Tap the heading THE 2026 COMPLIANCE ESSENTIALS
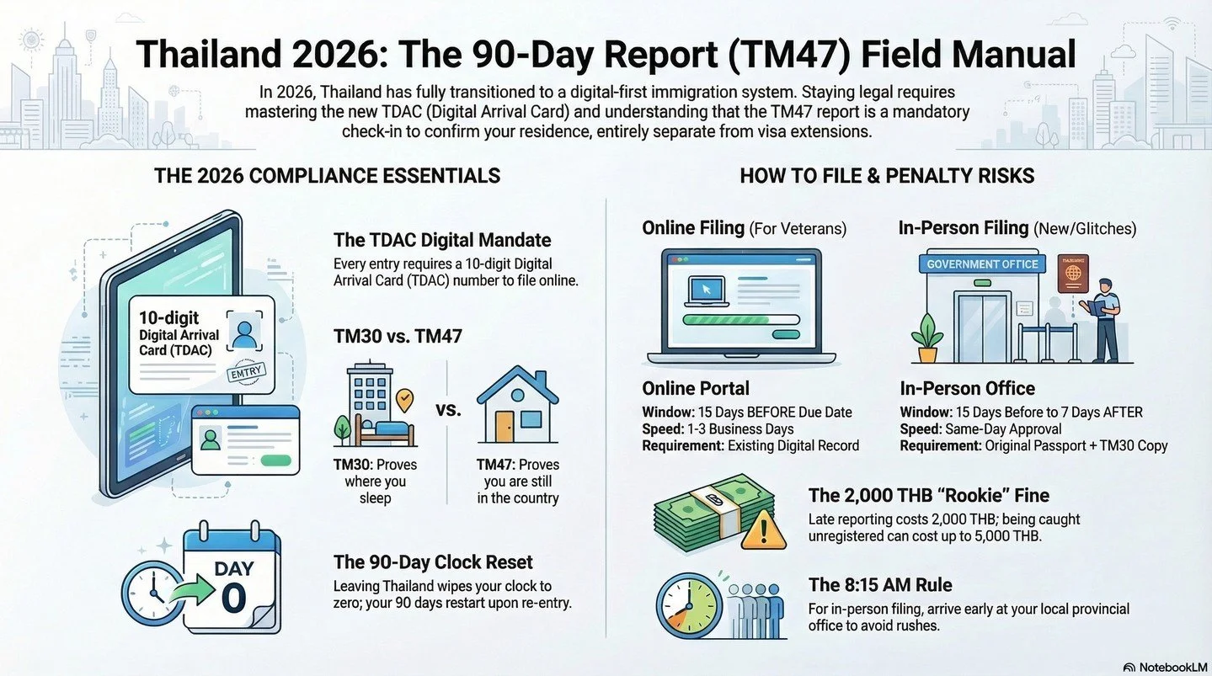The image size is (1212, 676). (327, 175)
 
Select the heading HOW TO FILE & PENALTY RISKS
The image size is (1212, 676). (887, 175)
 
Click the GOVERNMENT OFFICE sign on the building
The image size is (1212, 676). (982, 264)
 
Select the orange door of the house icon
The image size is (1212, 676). (505, 425)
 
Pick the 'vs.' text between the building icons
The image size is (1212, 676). (448, 410)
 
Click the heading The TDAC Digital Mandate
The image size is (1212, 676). (442, 240)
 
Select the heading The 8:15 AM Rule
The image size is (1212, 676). (880, 585)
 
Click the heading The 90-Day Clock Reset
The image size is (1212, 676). (433, 562)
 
